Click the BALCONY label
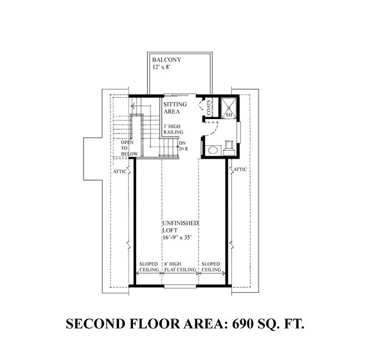point(166,59)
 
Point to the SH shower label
point(230,114)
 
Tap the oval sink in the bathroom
point(213,149)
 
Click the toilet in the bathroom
point(230,146)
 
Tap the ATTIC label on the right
point(240,170)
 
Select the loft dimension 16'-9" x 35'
point(178,239)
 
